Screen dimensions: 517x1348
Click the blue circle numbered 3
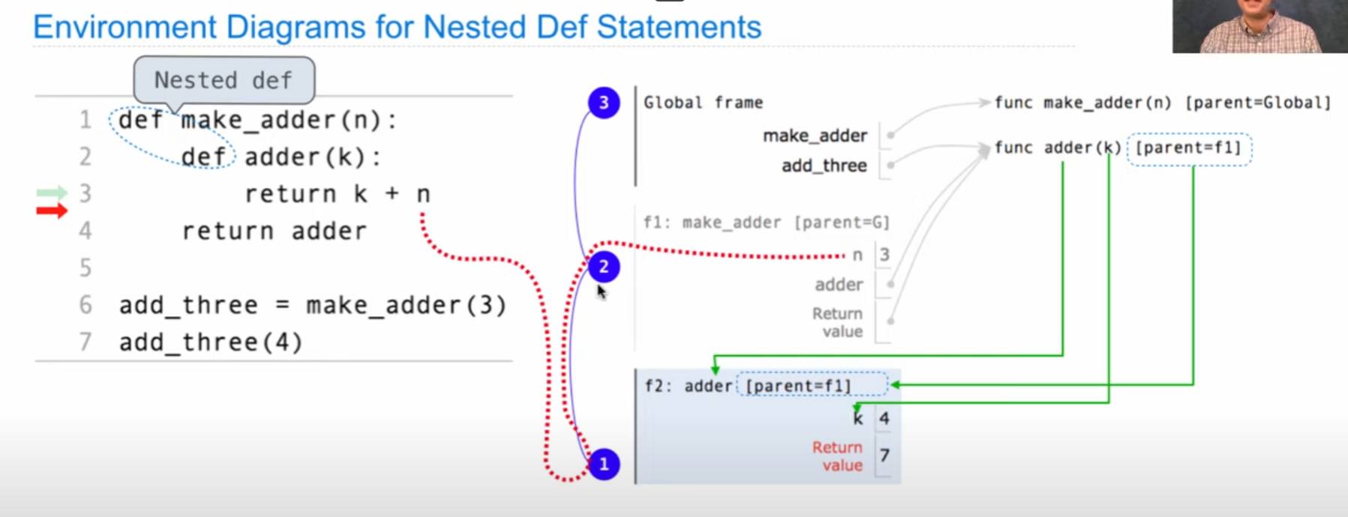pyautogui.click(x=604, y=103)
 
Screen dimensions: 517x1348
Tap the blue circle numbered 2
pyautogui.click(x=604, y=267)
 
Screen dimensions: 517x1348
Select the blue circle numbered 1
pyautogui.click(x=604, y=465)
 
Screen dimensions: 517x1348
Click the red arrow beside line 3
pyautogui.click(x=52, y=211)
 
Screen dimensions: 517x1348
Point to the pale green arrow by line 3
pyautogui.click(x=52, y=193)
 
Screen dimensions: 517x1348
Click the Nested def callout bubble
pyautogui.click(x=224, y=80)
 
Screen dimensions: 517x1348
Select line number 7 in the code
pyautogui.click(x=86, y=342)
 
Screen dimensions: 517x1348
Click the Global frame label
pyautogui.click(x=703, y=103)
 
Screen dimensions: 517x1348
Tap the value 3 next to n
pyautogui.click(x=884, y=256)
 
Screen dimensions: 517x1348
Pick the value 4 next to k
pyautogui.click(x=884, y=418)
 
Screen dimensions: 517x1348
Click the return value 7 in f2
pyautogui.click(x=884, y=456)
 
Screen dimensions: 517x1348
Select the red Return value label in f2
pyautogui.click(x=837, y=456)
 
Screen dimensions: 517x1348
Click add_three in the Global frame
pyautogui.click(x=824, y=166)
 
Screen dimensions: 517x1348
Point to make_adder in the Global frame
pyautogui.click(x=815, y=136)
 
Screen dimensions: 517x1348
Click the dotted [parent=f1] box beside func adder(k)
pyautogui.click(x=1189, y=148)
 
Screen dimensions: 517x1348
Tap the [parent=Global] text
pyautogui.click(x=1257, y=103)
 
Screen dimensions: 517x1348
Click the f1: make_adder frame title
pyautogui.click(x=766, y=223)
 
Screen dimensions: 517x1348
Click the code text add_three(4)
pyautogui.click(x=211, y=342)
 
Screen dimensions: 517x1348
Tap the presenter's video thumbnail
pyautogui.click(x=1259, y=26)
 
